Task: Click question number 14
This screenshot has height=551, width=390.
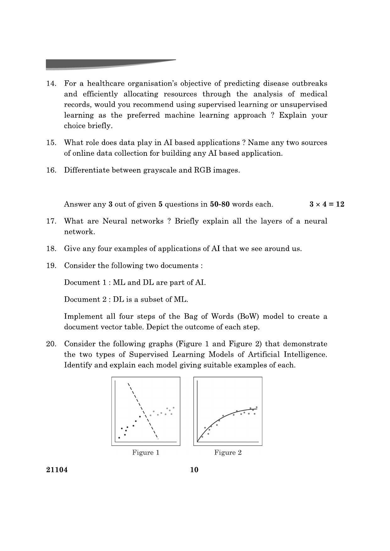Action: point(51,84)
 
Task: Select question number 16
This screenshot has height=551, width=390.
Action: point(51,170)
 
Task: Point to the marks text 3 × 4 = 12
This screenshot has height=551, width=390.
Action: point(327,204)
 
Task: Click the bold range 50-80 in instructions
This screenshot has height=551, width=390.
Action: point(220,204)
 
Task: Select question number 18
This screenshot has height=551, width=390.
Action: point(51,249)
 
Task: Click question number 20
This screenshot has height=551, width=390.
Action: point(51,344)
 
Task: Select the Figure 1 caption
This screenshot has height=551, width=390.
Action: point(146,452)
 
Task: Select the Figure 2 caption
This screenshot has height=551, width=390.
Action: point(228,452)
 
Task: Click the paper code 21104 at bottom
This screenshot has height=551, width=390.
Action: point(57,470)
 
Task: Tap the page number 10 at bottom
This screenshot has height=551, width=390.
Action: point(194,470)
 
